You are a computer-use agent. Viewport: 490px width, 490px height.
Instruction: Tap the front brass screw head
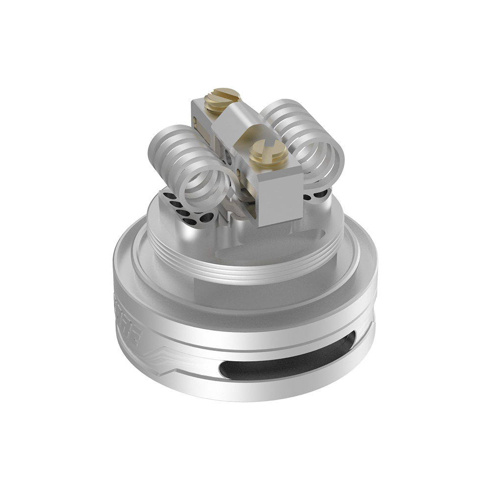click(267, 156)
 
